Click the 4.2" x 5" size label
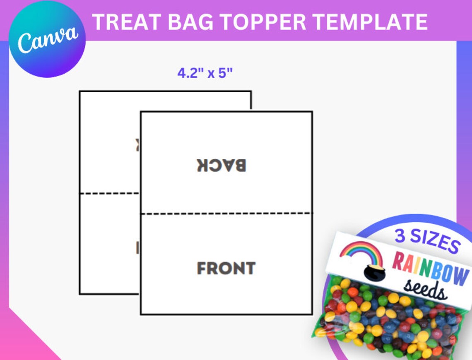point(205,73)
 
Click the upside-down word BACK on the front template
point(222,165)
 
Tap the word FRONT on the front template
point(226,269)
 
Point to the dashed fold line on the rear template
point(110,193)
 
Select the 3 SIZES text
point(426,240)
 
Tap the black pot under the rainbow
point(374,271)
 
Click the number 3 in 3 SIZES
point(400,235)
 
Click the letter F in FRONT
point(202,269)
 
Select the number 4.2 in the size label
point(186,73)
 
